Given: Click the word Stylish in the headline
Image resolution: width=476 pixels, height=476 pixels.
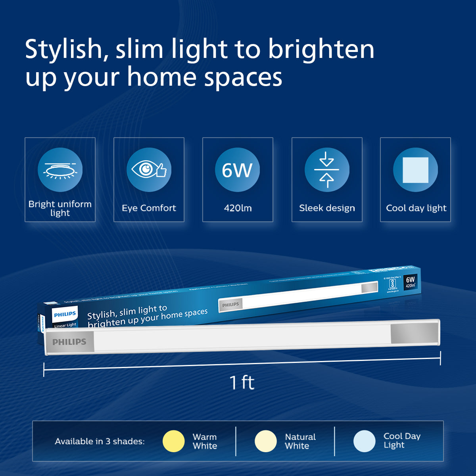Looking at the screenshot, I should [63, 50].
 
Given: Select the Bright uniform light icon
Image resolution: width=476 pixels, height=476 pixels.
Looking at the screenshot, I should [60, 170].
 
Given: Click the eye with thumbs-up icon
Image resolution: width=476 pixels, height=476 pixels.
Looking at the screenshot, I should [149, 170].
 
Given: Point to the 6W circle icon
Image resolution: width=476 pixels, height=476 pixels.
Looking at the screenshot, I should [237, 170].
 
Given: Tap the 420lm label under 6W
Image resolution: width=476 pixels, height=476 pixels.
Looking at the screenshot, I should [238, 208].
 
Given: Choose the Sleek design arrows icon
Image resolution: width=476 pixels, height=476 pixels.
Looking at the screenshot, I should [326, 170].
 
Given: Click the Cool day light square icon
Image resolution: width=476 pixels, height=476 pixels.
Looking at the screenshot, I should [415, 170].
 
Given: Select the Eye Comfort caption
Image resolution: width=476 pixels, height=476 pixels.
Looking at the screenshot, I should [149, 208].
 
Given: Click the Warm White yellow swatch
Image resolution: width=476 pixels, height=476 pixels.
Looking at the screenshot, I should [174, 441].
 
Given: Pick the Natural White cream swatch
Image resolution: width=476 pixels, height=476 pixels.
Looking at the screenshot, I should [265, 441].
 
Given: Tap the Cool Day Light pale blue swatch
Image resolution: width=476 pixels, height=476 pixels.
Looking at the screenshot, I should [364, 441].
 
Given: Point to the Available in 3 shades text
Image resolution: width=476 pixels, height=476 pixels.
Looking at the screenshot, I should [100, 441].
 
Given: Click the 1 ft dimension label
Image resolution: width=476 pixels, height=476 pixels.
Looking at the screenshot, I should [242, 383].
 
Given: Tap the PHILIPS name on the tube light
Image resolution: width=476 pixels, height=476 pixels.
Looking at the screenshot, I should [69, 342].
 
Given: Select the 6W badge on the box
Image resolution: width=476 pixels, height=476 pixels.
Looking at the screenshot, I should [410, 282].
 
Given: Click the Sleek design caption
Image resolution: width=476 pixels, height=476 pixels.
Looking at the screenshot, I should [327, 208].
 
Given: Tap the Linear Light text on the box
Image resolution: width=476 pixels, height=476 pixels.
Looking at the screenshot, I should [65, 325].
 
